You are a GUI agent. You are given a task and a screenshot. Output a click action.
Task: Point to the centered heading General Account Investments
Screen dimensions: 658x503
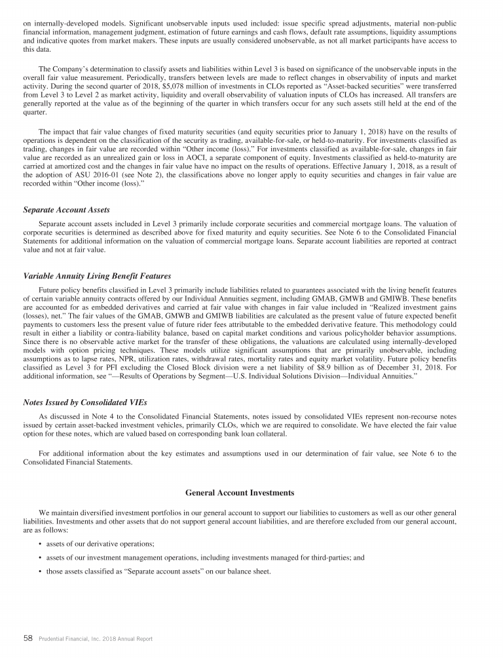tap(240, 492)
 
